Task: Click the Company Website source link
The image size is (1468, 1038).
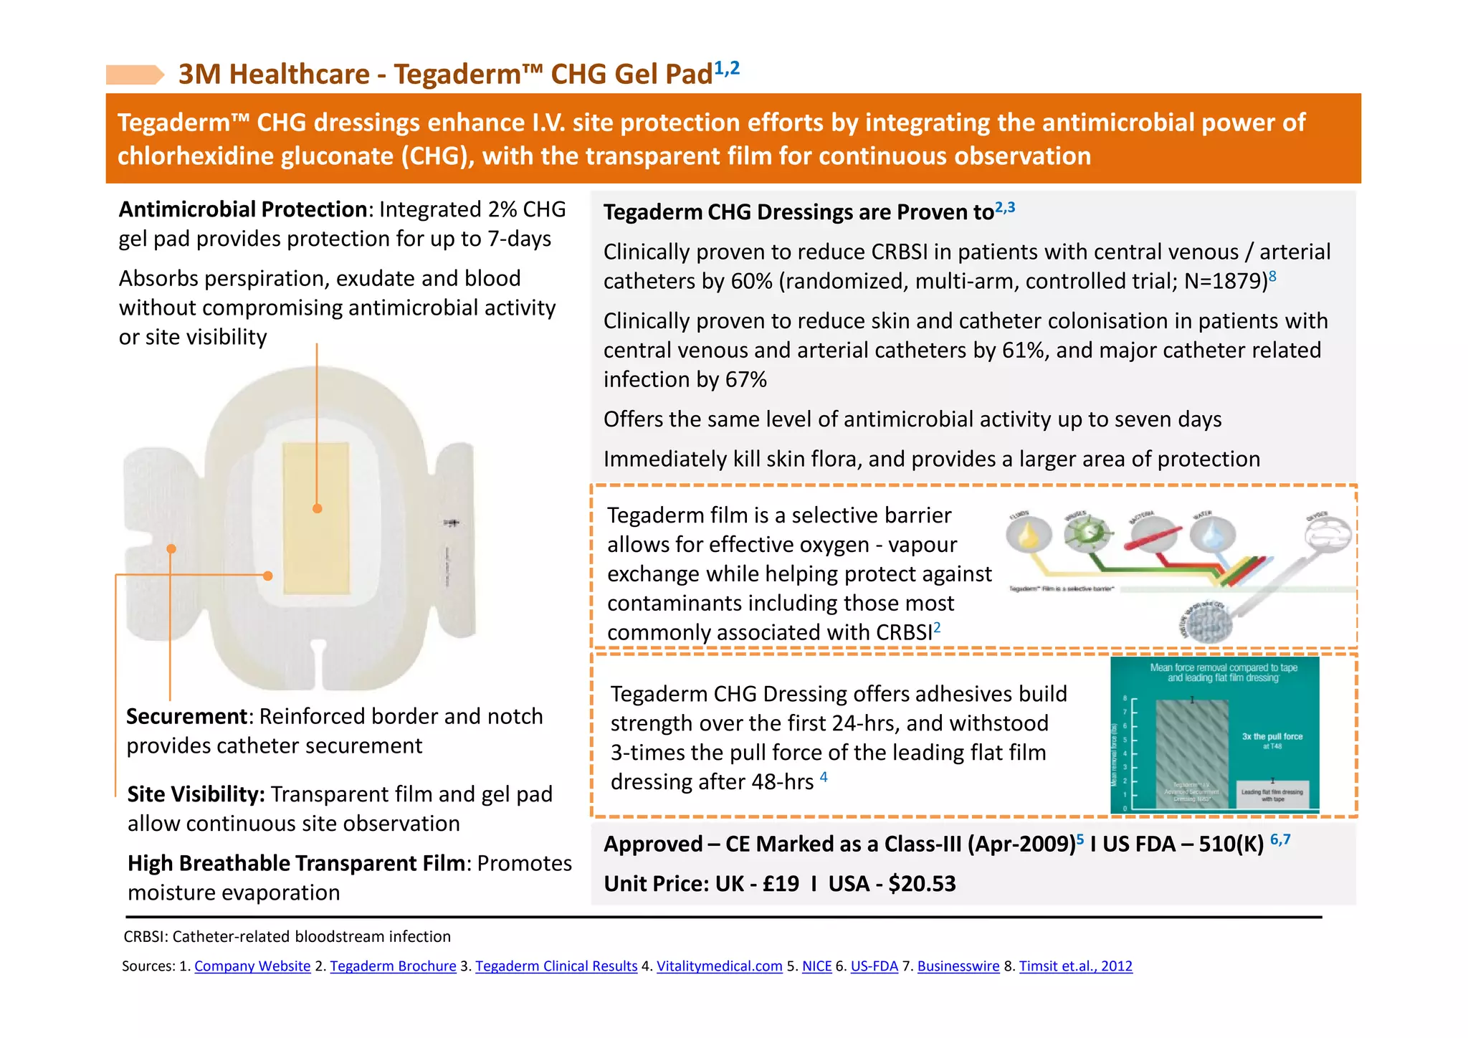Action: (252, 966)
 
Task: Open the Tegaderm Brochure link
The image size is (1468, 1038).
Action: (393, 966)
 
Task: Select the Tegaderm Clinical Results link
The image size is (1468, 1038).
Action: (556, 966)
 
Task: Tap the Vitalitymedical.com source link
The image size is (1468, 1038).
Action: (719, 966)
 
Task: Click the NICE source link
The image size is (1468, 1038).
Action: (816, 966)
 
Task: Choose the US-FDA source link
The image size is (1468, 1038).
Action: (874, 966)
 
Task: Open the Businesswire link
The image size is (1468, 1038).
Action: (958, 966)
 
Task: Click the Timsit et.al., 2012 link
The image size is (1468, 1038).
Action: (1075, 966)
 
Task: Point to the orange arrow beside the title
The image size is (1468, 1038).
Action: (135, 75)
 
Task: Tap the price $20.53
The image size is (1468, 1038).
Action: (922, 883)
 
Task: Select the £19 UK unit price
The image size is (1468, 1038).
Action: (781, 883)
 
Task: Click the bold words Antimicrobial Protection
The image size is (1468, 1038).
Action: (243, 209)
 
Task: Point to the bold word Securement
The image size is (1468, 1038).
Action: (187, 716)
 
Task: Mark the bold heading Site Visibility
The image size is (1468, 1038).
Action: (196, 794)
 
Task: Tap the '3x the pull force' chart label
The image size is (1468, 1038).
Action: (1272, 737)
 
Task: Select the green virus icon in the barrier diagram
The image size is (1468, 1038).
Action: (1087, 533)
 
